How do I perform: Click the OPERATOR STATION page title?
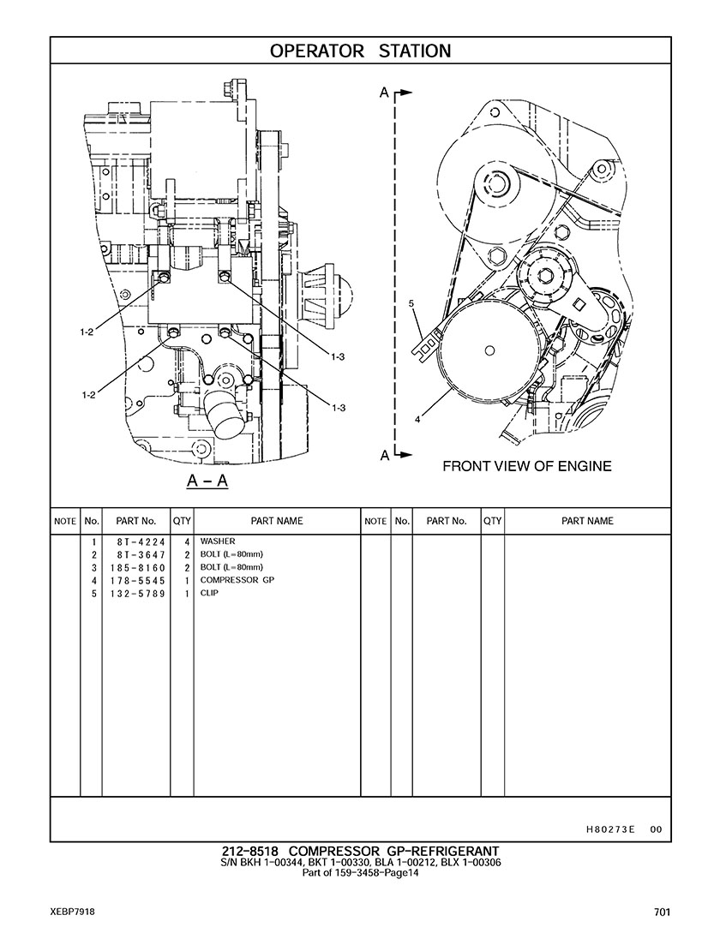(x=360, y=51)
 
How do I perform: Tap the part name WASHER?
(x=218, y=542)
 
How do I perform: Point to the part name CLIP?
(x=209, y=594)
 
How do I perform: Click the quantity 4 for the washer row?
(x=186, y=542)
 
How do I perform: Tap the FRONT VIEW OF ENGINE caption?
(x=526, y=467)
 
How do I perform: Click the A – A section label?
(x=207, y=481)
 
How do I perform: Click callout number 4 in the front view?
(x=417, y=420)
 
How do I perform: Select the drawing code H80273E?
(x=610, y=829)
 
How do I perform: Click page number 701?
(x=660, y=912)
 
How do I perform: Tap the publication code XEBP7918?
(x=72, y=912)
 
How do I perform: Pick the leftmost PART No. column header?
(x=135, y=521)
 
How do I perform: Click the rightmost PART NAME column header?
(x=587, y=521)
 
